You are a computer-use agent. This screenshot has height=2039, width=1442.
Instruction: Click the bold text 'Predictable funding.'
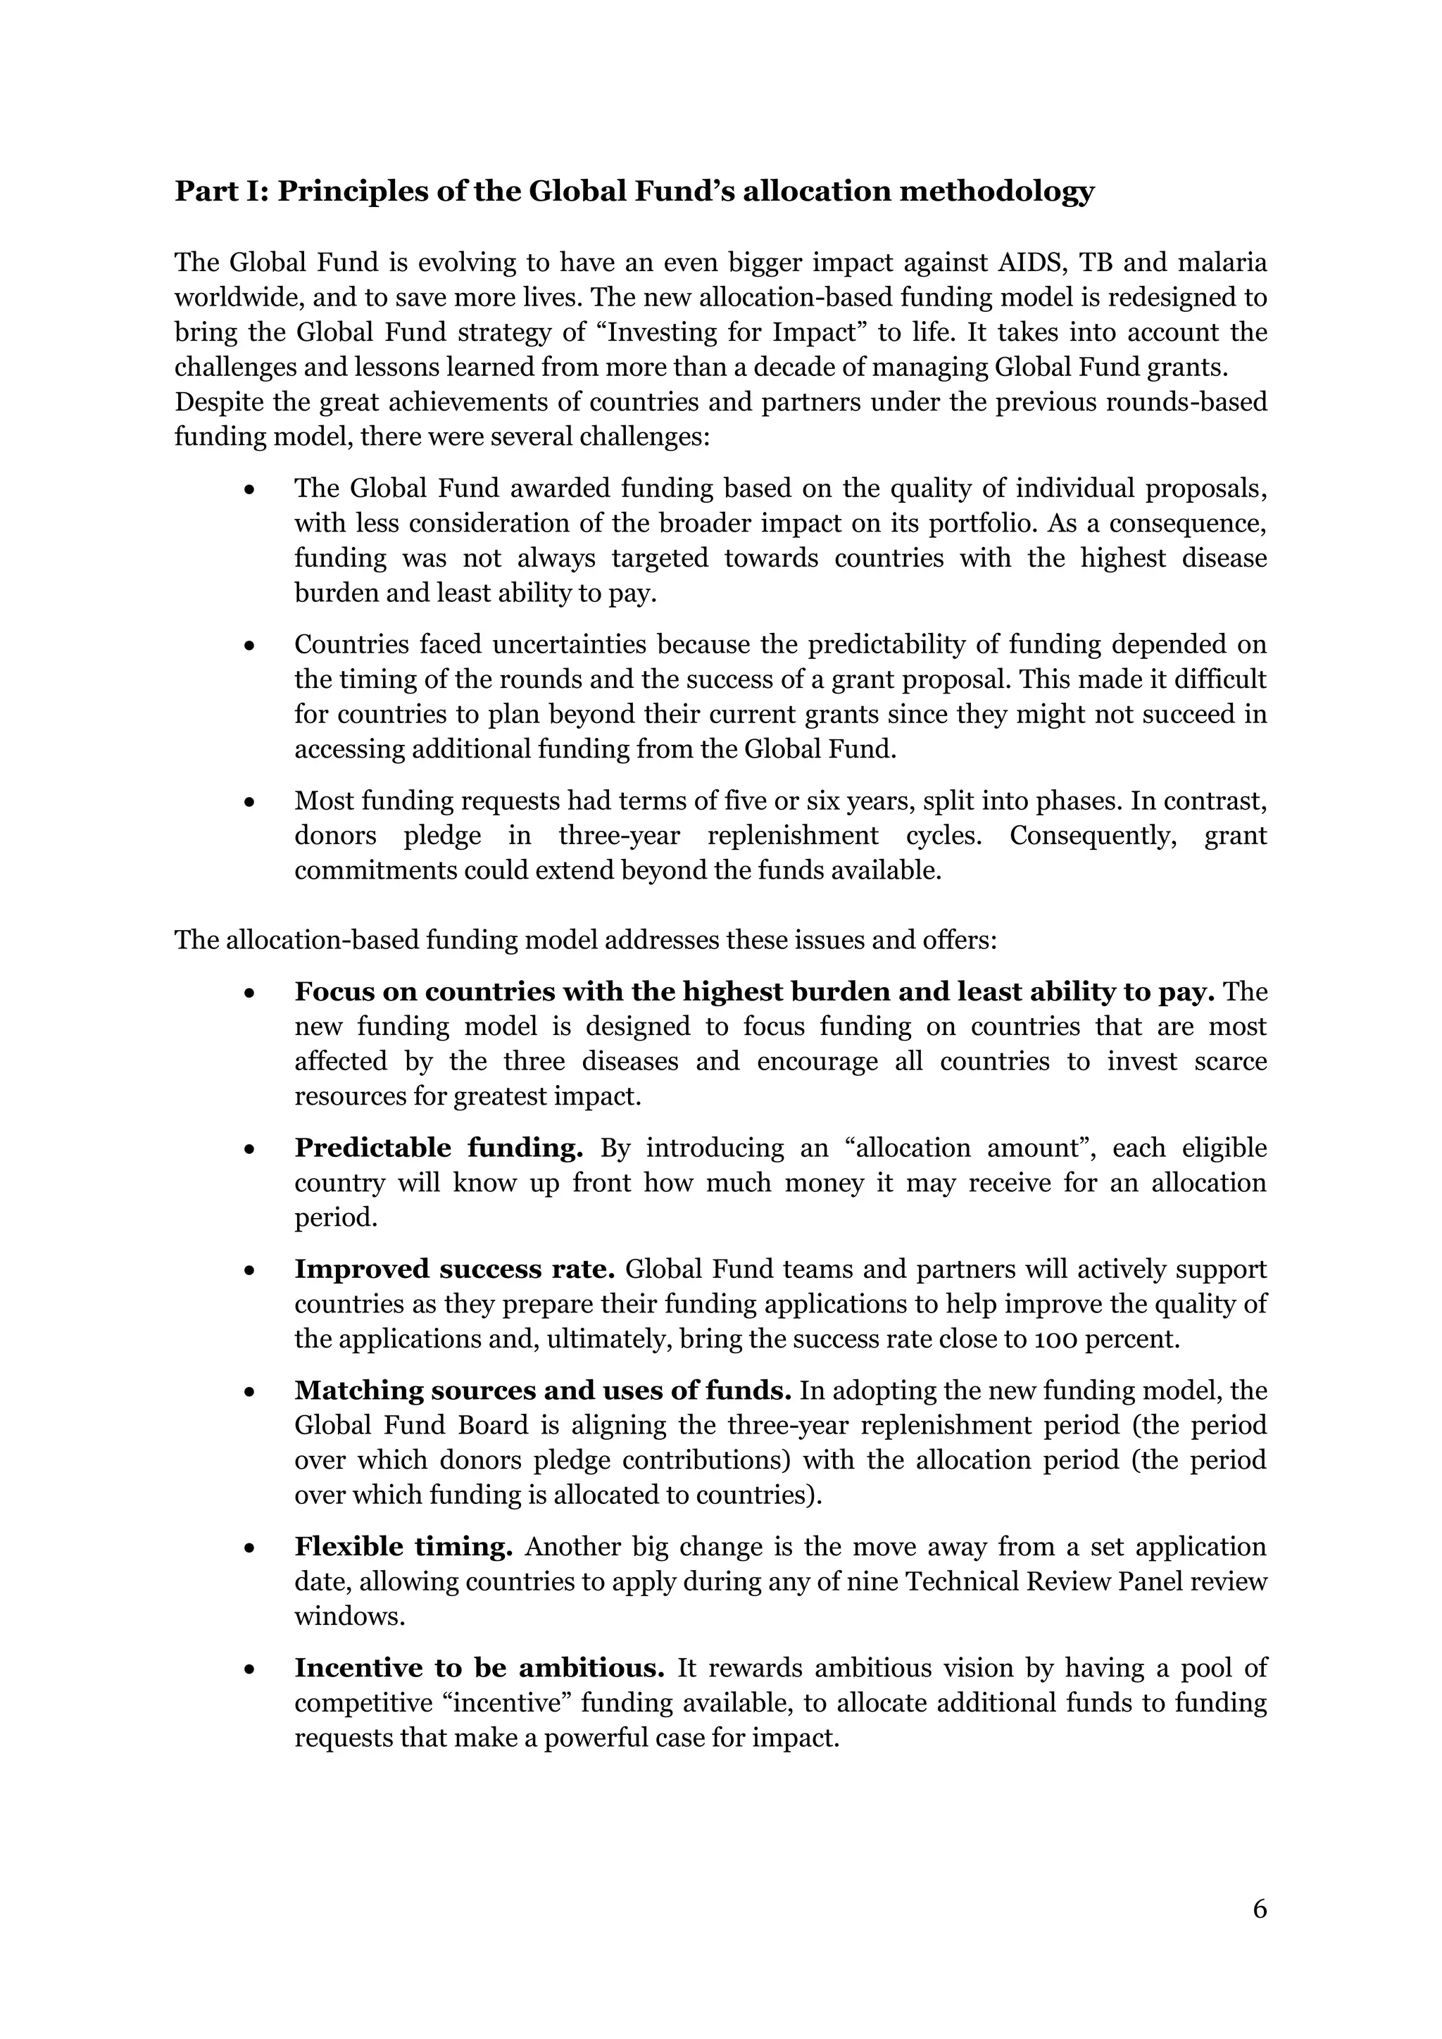[x=439, y=1148]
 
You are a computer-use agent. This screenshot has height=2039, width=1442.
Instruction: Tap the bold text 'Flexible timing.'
[x=403, y=1547]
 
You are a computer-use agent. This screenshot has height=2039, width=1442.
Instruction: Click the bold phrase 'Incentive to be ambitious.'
[x=479, y=1668]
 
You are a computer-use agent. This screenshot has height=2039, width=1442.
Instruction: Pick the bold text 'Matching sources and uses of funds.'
[x=543, y=1391]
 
